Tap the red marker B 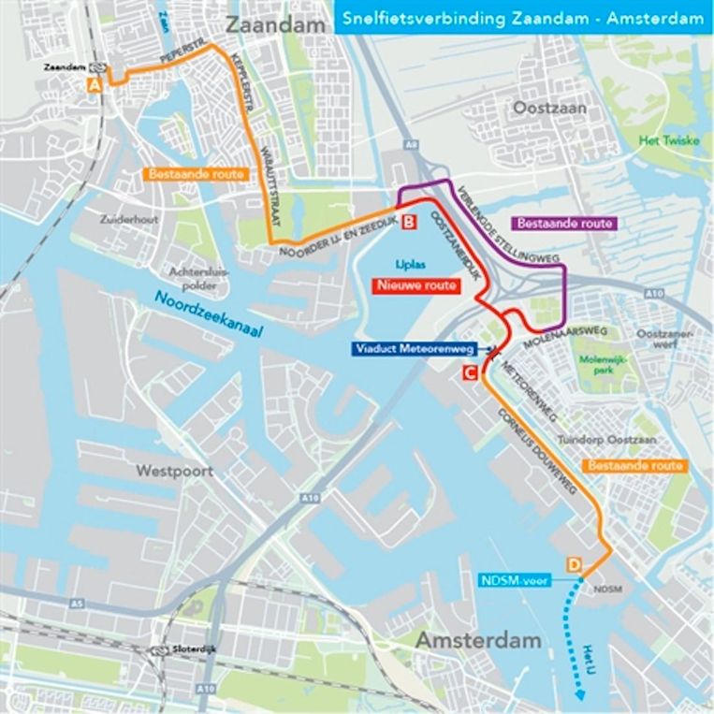[x=409, y=223]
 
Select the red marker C [x=471, y=373]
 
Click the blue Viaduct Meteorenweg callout [x=414, y=349]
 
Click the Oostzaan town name [x=549, y=109]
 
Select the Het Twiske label [x=661, y=141]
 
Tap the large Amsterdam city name [x=479, y=641]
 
